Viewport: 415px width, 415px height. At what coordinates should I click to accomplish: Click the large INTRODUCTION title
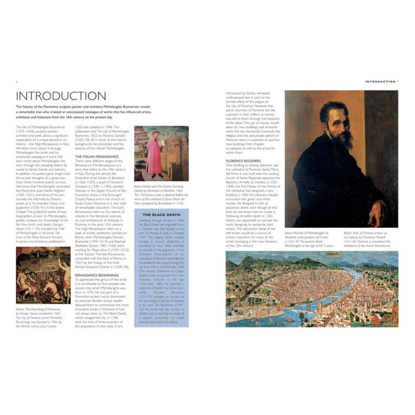pyautogui.click(x=61, y=96)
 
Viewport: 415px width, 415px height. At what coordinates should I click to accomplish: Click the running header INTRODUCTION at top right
pyautogui.click(x=380, y=81)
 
